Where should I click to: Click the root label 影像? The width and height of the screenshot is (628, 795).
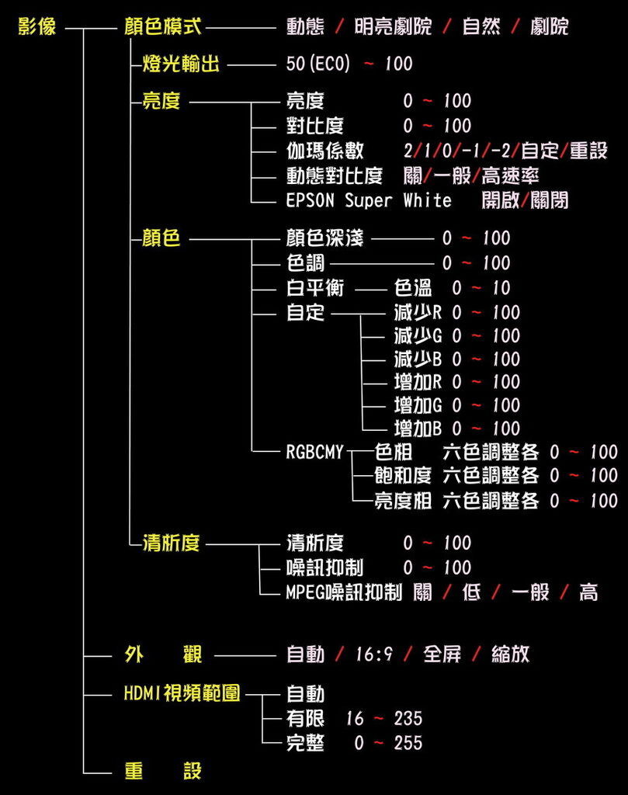[36, 26]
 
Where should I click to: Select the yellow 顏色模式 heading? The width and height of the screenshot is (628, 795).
[163, 26]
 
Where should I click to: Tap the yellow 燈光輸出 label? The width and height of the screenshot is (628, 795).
[181, 64]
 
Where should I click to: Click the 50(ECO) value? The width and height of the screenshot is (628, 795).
[317, 64]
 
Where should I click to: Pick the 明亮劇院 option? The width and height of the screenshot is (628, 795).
[393, 26]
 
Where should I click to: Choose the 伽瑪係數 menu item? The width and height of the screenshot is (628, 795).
[325, 151]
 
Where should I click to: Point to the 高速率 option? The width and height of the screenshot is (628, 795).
[510, 176]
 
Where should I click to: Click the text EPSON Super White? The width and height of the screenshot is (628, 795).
[369, 201]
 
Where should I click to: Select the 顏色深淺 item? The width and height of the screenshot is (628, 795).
[325, 238]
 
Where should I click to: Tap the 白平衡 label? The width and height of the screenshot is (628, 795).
[314, 288]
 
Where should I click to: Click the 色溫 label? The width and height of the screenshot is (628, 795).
[413, 288]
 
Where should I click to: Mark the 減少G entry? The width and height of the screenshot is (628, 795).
[418, 335]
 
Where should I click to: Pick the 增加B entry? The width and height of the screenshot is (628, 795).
[418, 429]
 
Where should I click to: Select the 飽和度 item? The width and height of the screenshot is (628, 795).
[403, 476]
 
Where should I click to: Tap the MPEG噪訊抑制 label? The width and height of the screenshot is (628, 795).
[344, 592]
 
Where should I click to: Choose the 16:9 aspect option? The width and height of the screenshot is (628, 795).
[374, 654]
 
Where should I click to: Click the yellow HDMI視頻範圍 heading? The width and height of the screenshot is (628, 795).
[182, 693]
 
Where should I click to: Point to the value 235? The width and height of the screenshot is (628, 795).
[408, 718]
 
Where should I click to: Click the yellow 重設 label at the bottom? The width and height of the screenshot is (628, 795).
[163, 771]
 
